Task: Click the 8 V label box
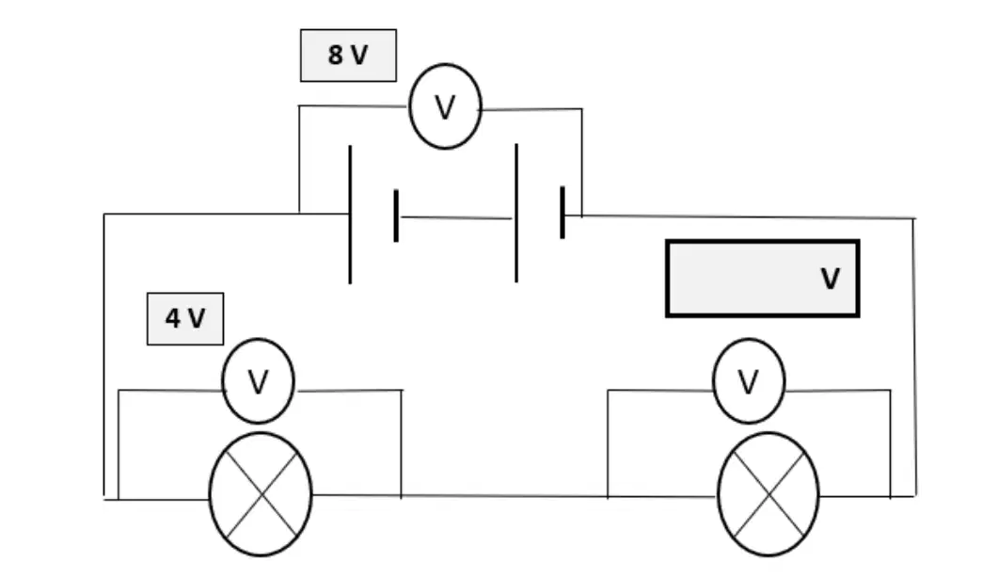click(x=348, y=56)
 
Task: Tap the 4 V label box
click(x=185, y=318)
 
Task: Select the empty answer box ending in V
click(x=762, y=279)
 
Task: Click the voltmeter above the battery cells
click(x=445, y=106)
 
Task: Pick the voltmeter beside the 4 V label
click(x=258, y=381)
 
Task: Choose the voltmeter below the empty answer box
click(x=749, y=381)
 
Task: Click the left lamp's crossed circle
click(x=261, y=494)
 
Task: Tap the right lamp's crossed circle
click(x=768, y=494)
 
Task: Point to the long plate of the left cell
click(x=350, y=215)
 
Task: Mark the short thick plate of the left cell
click(x=396, y=215)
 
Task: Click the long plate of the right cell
click(x=516, y=213)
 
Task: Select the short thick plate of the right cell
click(x=562, y=212)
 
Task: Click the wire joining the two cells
click(x=456, y=217)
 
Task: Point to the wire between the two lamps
click(x=515, y=496)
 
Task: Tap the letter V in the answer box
click(x=830, y=279)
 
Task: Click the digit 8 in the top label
click(x=336, y=56)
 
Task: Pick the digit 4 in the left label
click(x=173, y=318)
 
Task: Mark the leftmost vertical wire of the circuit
click(x=104, y=355)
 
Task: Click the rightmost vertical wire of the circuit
click(x=914, y=358)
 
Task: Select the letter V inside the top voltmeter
click(x=445, y=107)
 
